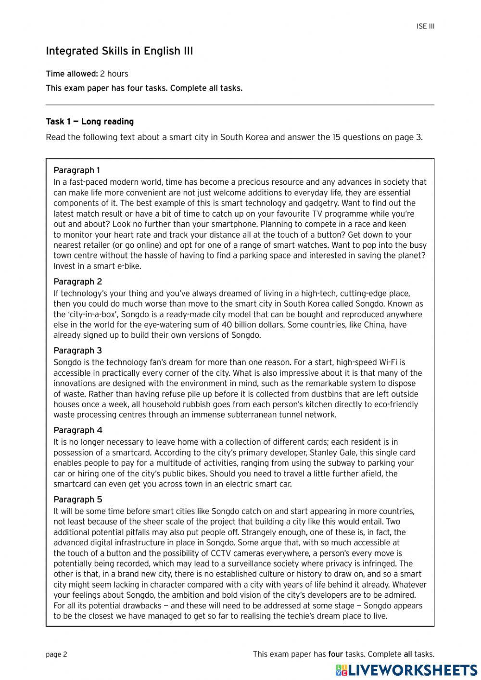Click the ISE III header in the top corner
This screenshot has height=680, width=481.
pos(425,26)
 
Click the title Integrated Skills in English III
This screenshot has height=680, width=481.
pos(119,51)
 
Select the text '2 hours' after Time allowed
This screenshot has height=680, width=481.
pos(114,74)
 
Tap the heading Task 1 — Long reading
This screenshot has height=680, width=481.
pos(89,121)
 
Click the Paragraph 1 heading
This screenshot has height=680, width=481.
pos(77,170)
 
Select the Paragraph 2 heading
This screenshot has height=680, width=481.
pos(77,282)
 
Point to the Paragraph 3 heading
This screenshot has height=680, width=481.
pos(77,350)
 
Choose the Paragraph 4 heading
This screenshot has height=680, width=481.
pos(77,430)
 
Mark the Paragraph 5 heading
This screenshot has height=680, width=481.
pos(77,500)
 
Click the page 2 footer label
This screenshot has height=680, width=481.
pos(56,654)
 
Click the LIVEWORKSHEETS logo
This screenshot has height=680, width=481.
pos(406,670)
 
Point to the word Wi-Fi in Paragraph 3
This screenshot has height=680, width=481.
pos(394,362)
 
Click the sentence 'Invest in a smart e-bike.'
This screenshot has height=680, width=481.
pos(97,266)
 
